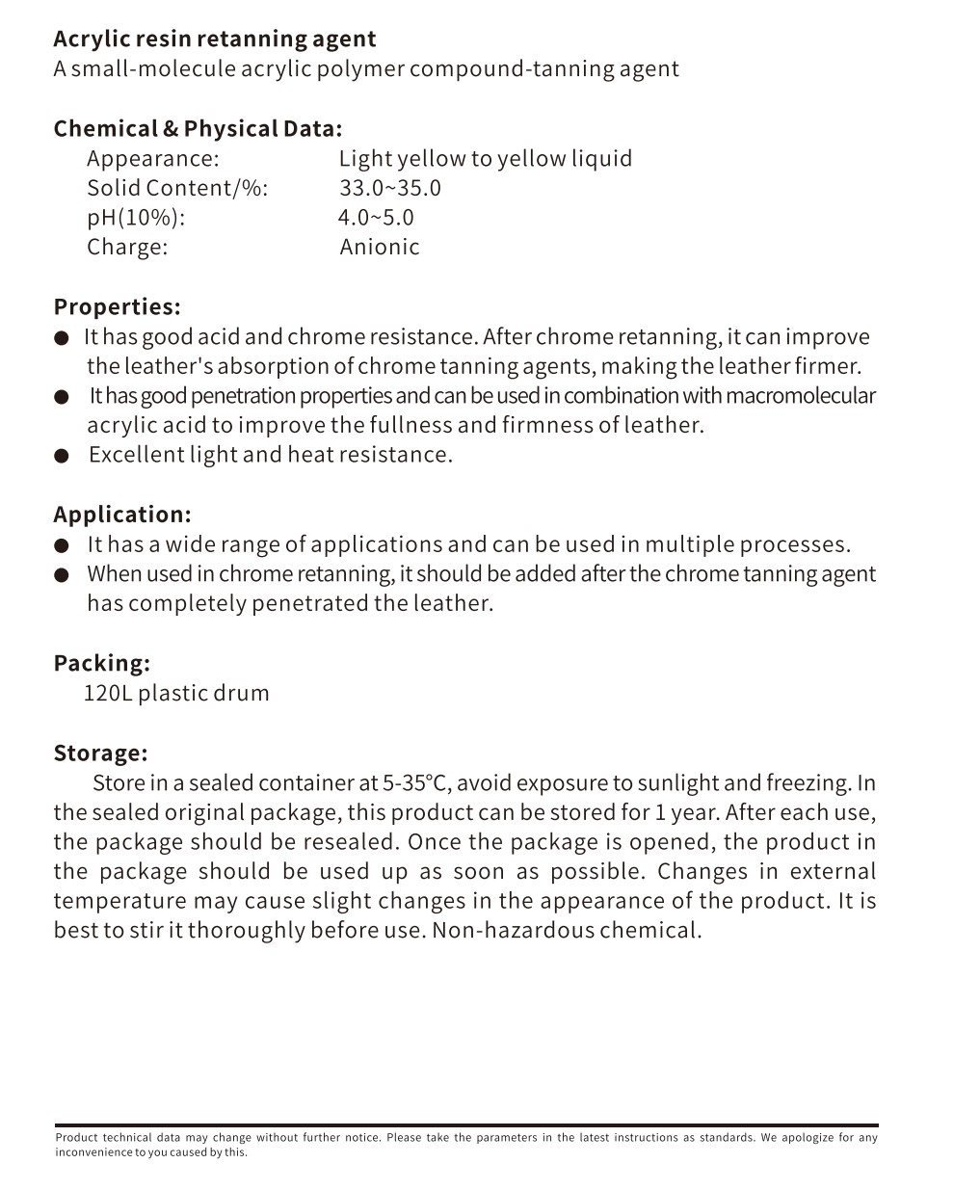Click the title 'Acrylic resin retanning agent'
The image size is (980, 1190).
coord(214,40)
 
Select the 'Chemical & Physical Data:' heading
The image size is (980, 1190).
coord(198,129)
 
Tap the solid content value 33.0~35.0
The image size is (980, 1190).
coord(389,188)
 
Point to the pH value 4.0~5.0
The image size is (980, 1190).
coord(376,218)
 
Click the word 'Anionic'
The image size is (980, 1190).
coord(380,247)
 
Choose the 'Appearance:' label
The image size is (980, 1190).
coord(153,159)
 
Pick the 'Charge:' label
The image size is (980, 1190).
coord(127,247)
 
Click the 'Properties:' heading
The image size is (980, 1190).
coord(117,307)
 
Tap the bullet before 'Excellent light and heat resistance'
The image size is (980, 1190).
coord(62,456)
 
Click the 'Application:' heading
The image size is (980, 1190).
coord(122,515)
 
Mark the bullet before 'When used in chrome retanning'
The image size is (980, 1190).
coord(62,575)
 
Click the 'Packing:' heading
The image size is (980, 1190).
coord(101,663)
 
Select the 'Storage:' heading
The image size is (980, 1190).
coord(100,753)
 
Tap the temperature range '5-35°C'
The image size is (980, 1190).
coord(416,782)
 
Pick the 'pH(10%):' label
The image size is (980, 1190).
coord(136,218)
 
